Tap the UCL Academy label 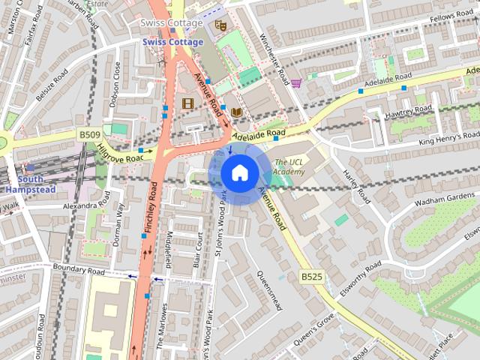289,166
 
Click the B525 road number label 312,277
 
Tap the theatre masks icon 220,25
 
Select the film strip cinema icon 187,103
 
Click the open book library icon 237,112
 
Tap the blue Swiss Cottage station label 172,42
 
